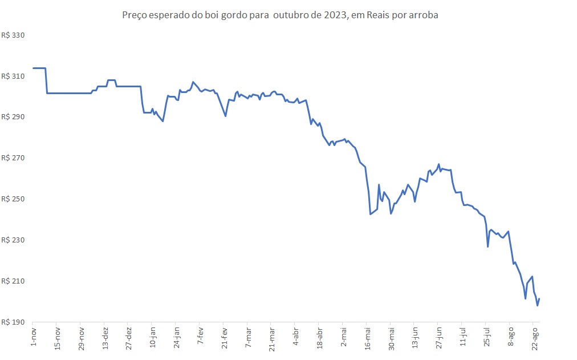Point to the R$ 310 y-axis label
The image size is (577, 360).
pyautogui.click(x=14, y=76)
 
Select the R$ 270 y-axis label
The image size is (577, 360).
pyautogui.click(x=14, y=158)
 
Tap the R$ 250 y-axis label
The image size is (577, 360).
pyautogui.click(x=14, y=199)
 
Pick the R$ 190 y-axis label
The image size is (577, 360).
pyautogui.click(x=14, y=322)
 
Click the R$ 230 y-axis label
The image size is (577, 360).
pyautogui.click(x=14, y=240)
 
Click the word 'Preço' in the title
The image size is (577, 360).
pyautogui.click(x=135, y=15)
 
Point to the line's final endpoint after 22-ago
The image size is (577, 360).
pyautogui.click(x=539, y=299)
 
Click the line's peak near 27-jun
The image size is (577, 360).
pyautogui.click(x=438, y=164)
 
